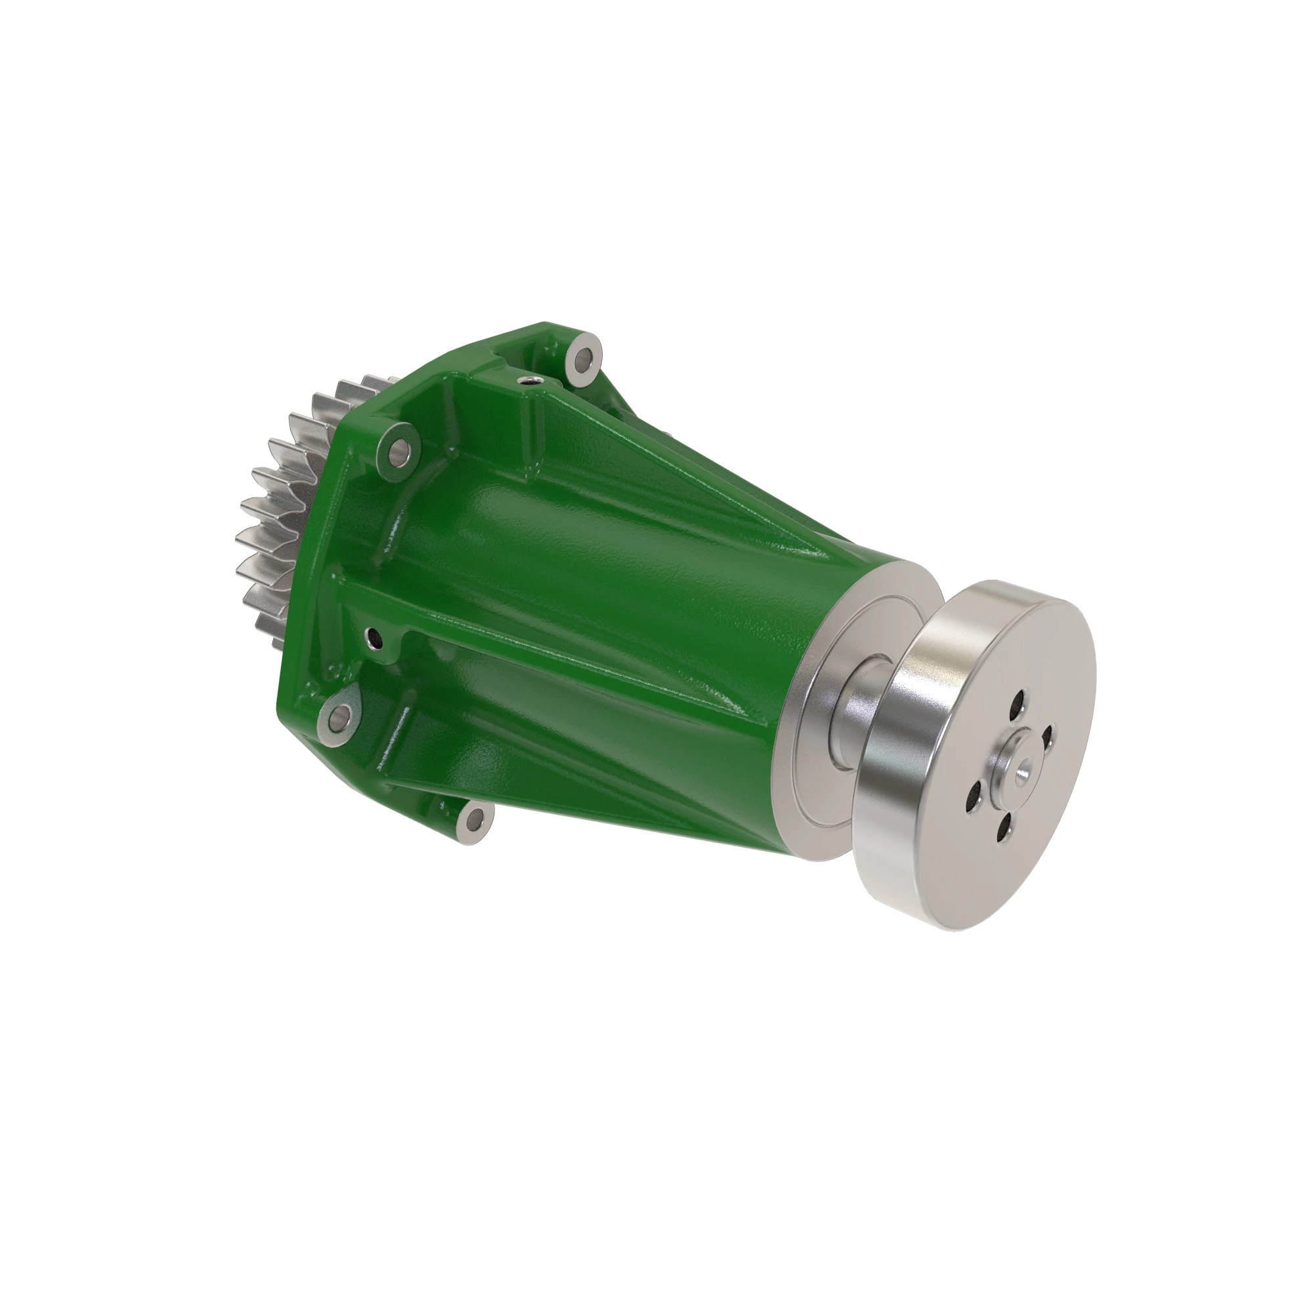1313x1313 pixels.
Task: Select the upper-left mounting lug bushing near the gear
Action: pyautogui.click(x=398, y=448)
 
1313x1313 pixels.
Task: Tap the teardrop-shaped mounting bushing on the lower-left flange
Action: pyautogui.click(x=340, y=715)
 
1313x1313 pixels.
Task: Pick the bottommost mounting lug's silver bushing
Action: pyautogui.click(x=470, y=823)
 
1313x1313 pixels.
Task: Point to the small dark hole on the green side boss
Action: pyautogui.click(x=373, y=637)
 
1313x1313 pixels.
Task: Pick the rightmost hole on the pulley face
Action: pyautogui.click(x=1047, y=736)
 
